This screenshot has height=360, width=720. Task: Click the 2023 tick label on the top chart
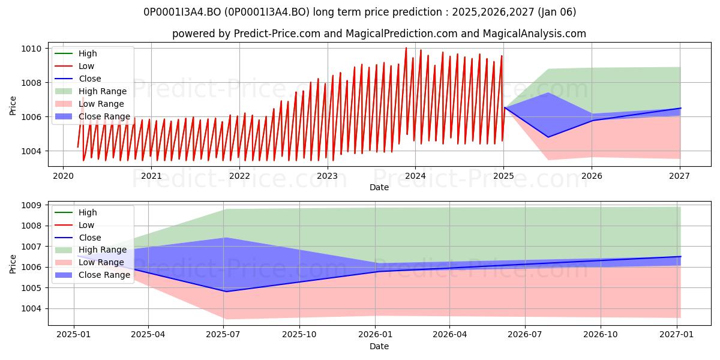coord(327,176)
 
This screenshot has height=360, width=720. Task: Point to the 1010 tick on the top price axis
coord(31,49)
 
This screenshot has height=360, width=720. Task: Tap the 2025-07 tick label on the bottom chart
coord(223,335)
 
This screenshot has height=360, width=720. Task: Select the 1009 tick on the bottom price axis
coord(31,205)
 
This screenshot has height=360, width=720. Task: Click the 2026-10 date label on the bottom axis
coord(601,335)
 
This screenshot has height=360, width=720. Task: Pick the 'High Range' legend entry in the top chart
coord(91,91)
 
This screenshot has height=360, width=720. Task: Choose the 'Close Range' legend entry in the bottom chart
coord(92,275)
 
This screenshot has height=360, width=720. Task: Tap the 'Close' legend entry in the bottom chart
coord(78,238)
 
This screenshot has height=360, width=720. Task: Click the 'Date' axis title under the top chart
coord(379,187)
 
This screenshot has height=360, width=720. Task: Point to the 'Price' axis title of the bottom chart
coord(13,264)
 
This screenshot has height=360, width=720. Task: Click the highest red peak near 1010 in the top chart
coord(406,48)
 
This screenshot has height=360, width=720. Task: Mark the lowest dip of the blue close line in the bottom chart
coord(226,292)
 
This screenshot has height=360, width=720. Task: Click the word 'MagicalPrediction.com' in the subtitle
coord(401,34)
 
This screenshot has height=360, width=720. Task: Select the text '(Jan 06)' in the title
coord(557,12)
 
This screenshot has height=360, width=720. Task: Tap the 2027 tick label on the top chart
coord(679,176)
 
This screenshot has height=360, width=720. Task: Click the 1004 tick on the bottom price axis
coord(31,309)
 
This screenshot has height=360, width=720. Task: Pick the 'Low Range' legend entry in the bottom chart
coord(89,262)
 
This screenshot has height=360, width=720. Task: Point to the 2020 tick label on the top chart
coord(63,176)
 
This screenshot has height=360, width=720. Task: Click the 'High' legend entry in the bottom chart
coord(76,212)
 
